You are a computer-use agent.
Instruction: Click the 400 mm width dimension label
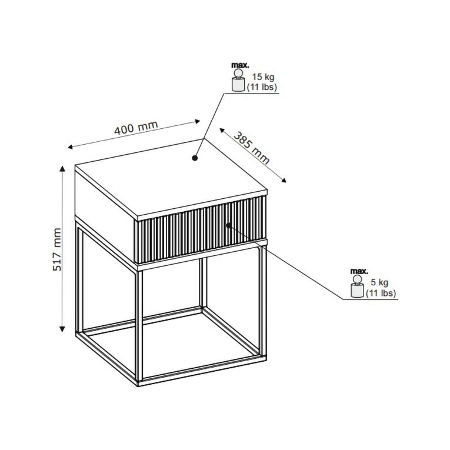pyautogui.click(x=136, y=128)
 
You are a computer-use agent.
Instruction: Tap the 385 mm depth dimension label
pyautogui.click(x=251, y=148)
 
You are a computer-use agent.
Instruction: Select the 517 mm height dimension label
pyautogui.click(x=57, y=249)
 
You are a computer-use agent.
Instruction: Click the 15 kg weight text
pyautogui.click(x=263, y=77)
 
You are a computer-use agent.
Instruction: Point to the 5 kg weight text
pyautogui.click(x=379, y=282)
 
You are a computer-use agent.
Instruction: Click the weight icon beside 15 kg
pyautogui.click(x=238, y=80)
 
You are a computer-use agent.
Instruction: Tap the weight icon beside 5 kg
pyautogui.click(x=357, y=286)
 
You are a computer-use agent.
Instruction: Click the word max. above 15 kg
pyautogui.click(x=240, y=65)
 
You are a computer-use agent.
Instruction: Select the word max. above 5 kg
pyautogui.click(x=359, y=271)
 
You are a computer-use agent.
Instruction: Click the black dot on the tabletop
pyautogui.click(x=195, y=158)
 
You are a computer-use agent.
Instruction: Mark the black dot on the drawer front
pyautogui.click(x=228, y=225)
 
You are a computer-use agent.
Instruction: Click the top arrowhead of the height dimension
pyautogui.click(x=62, y=168)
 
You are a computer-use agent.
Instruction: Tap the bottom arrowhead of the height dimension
pyautogui.click(x=62, y=329)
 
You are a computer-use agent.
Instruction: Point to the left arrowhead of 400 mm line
pyautogui.click(x=71, y=147)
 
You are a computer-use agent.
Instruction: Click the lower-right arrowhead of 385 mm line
pyautogui.click(x=284, y=180)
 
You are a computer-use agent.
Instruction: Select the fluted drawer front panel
pyautogui.click(x=201, y=229)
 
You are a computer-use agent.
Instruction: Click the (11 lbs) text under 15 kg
pyautogui.click(x=262, y=87)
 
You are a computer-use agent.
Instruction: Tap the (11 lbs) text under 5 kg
pyautogui.click(x=381, y=293)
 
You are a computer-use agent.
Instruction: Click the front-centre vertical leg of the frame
pyautogui.click(x=139, y=326)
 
